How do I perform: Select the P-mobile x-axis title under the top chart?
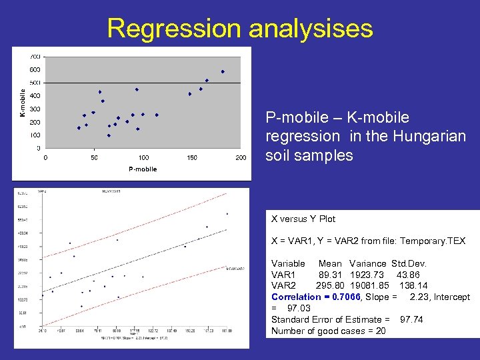tap(143, 169)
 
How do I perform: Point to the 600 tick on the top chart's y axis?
tap(34, 69)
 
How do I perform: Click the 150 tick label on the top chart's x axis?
tap(192, 158)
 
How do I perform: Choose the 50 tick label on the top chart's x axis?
tap(94, 158)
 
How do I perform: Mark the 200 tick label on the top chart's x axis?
tap(241, 158)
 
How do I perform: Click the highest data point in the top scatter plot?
tap(223, 71)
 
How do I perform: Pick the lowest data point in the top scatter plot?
tap(109, 135)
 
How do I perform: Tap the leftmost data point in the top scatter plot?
tap(79, 128)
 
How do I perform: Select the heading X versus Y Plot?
tap(303, 219)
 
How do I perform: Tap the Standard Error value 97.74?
tap(411, 319)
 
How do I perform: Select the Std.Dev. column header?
tap(409, 263)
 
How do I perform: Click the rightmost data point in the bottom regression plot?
tap(227, 214)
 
